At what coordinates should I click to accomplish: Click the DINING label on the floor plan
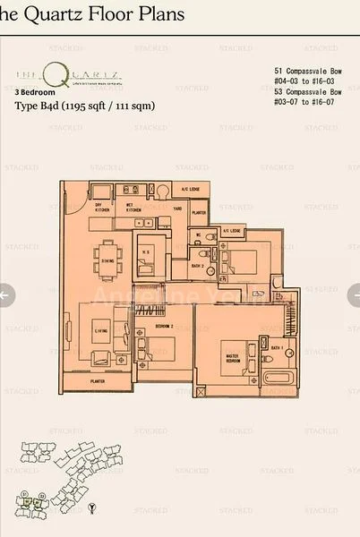pyautogui.click(x=107, y=261)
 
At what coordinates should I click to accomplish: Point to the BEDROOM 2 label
pyautogui.click(x=164, y=328)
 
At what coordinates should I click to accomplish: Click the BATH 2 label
pyautogui.click(x=197, y=265)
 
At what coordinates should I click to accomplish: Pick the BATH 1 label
pyautogui.click(x=277, y=347)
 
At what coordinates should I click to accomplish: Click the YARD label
pyautogui.click(x=177, y=209)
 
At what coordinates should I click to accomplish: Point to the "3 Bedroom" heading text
pyautogui.click(x=35, y=92)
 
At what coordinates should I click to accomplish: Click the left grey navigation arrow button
pyautogui.click(x=5, y=294)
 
